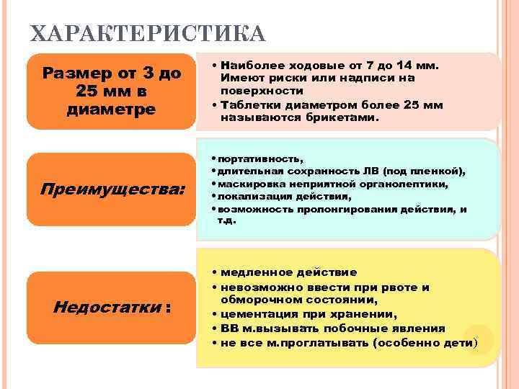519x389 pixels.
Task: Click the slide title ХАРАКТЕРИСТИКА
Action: pos(147,34)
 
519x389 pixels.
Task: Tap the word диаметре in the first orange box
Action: pos(110,109)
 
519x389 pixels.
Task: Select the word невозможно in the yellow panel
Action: pos(258,287)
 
